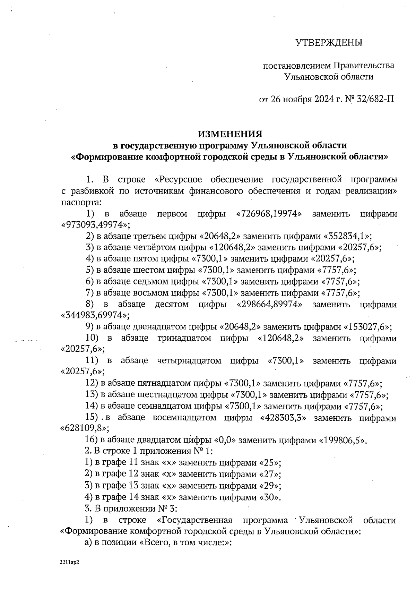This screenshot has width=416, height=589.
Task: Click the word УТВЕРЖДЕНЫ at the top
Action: pyautogui.click(x=329, y=43)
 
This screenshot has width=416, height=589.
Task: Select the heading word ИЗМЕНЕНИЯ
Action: pyautogui.click(x=230, y=134)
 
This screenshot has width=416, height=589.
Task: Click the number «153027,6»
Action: pyautogui.click(x=368, y=327)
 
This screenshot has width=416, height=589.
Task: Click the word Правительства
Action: pyautogui.click(x=364, y=65)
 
